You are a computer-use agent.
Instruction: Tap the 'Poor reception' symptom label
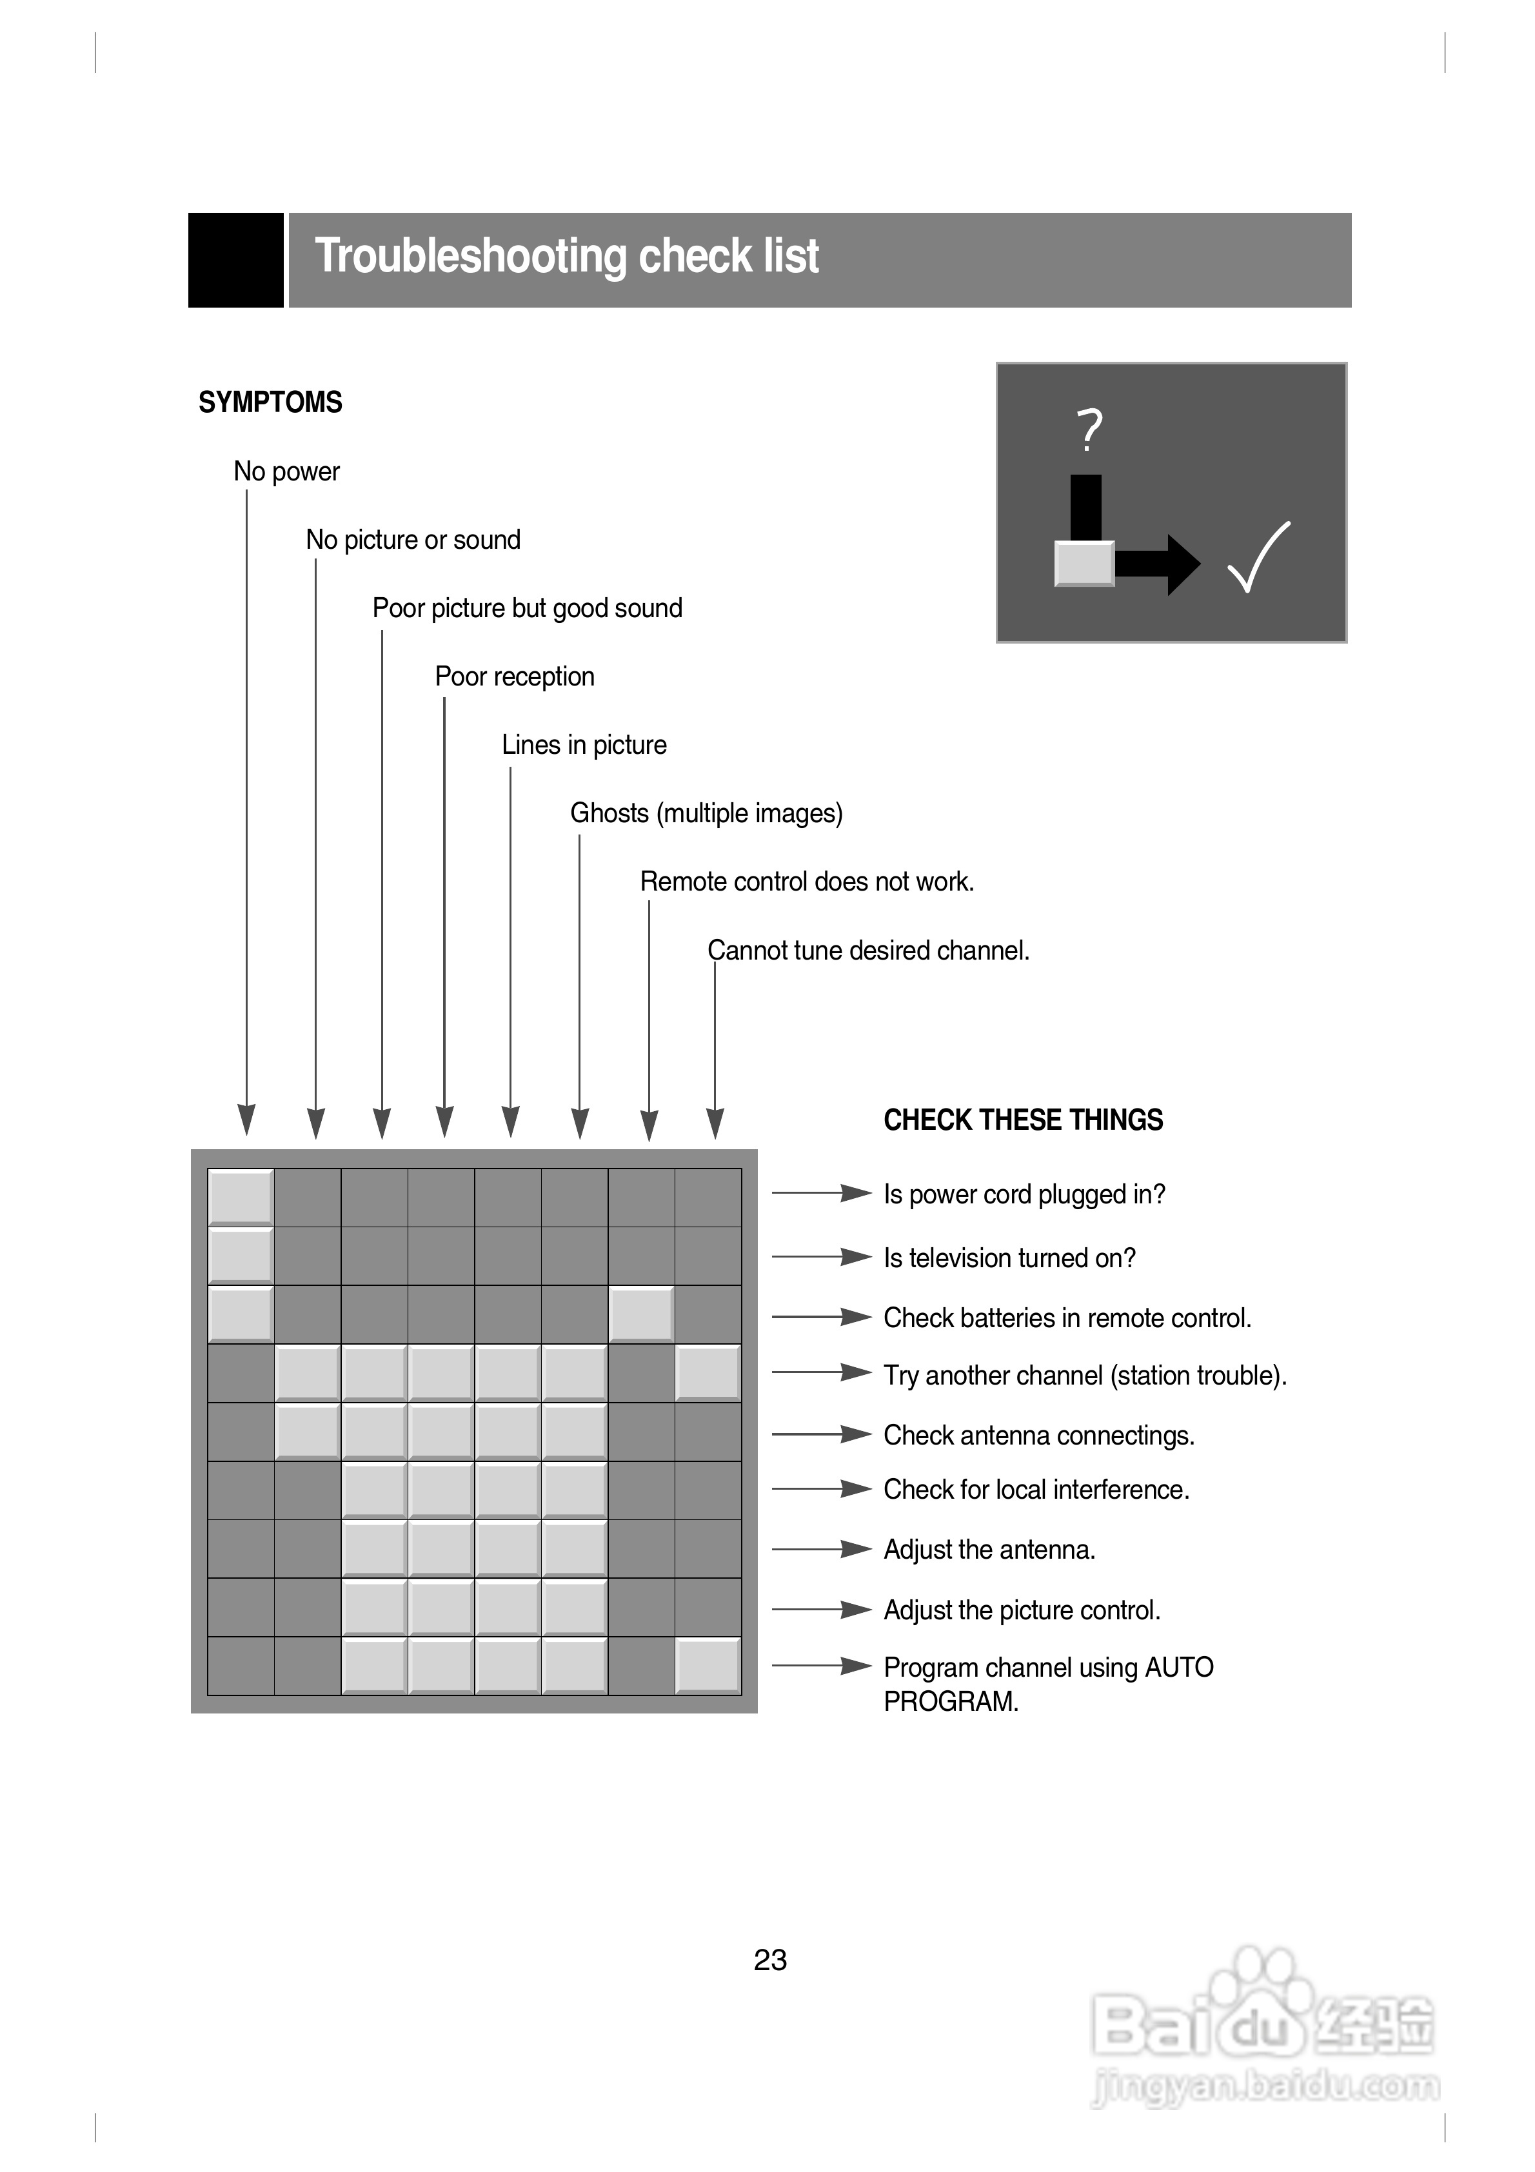[514, 676]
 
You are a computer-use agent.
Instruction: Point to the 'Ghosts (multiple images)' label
[706, 814]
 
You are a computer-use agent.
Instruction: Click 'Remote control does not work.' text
[806, 882]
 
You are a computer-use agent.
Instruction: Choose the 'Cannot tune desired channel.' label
[868, 950]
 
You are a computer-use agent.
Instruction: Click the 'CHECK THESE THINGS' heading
[1022, 1120]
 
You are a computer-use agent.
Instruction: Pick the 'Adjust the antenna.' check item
[989, 1550]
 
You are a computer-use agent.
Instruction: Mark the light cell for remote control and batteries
[640, 1314]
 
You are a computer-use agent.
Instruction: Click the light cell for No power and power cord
[241, 1198]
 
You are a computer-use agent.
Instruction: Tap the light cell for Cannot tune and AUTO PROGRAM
[708, 1665]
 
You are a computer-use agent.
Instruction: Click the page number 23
[770, 1960]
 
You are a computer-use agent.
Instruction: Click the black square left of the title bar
[235, 260]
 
